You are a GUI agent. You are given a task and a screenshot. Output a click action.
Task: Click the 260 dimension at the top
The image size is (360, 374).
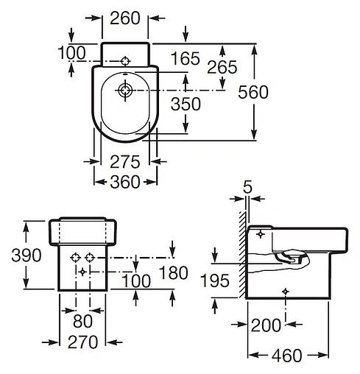click(x=125, y=18)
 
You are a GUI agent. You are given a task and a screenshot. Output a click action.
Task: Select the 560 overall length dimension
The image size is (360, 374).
click(x=253, y=92)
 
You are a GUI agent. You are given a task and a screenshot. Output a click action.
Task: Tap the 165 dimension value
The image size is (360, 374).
click(x=186, y=58)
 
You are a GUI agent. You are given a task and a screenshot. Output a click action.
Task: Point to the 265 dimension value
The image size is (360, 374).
click(x=222, y=67)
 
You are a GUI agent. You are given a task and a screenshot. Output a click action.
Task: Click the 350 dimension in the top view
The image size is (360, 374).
click(x=186, y=104)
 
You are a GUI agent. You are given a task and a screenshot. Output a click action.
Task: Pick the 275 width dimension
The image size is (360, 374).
click(x=125, y=162)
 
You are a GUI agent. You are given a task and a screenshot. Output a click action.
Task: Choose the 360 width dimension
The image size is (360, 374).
click(x=125, y=182)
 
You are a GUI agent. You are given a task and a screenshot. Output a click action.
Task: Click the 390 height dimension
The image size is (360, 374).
click(x=27, y=255)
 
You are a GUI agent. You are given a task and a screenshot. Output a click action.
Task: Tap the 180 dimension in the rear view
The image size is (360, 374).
click(x=173, y=272)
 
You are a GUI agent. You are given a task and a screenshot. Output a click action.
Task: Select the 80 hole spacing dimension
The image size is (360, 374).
click(x=82, y=321)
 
